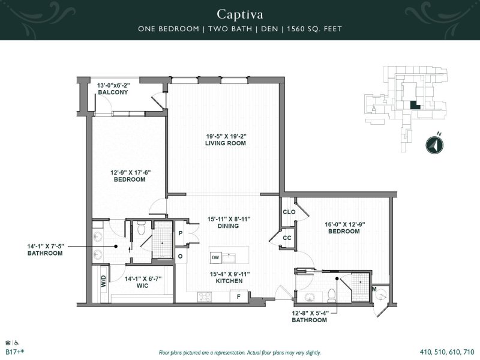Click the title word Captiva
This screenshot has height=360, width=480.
(x=239, y=13)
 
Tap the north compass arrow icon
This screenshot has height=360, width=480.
(x=434, y=145)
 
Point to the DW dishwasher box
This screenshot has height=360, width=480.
(x=215, y=257)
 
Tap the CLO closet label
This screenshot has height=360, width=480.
(x=288, y=212)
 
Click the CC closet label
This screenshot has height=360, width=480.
(x=287, y=238)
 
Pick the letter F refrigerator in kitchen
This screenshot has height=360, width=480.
(x=238, y=296)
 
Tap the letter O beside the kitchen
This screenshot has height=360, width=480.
(x=180, y=256)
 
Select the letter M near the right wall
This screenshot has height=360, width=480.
(x=374, y=290)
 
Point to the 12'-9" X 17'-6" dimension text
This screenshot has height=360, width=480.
(x=130, y=172)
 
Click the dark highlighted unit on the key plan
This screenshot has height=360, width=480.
(x=413, y=104)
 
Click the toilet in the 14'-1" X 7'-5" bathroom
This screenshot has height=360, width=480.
(x=141, y=229)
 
